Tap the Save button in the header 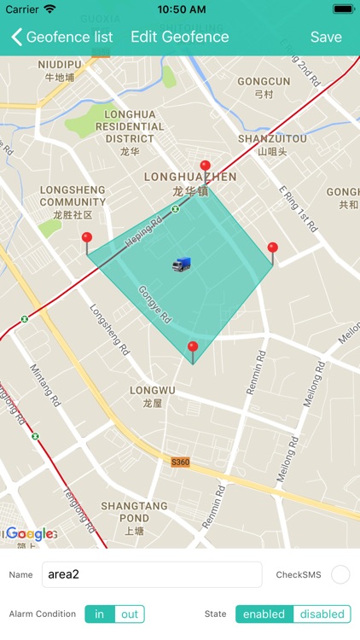coord(326,37)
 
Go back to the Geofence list coord(61,37)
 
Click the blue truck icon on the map coord(181,265)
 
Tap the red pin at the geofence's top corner coord(205,166)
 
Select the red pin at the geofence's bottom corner coord(193,348)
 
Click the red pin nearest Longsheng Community coord(86,239)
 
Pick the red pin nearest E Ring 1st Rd coord(272,249)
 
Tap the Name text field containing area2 coord(152,574)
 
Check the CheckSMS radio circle coord(340,574)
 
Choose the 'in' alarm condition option coord(100,614)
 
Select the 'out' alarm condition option coord(130,614)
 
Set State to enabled coord(264,614)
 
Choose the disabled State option coord(322,614)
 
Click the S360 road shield coord(180,462)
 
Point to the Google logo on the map coord(31,534)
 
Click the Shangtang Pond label coord(136,512)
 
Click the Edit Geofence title coord(179,37)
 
